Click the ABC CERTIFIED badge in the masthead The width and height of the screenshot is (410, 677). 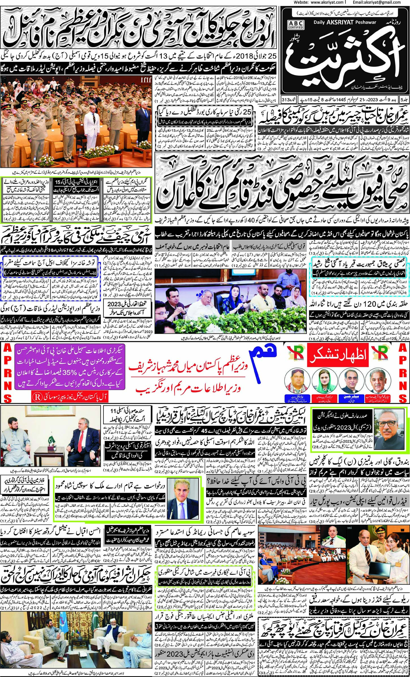[x=295, y=25]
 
